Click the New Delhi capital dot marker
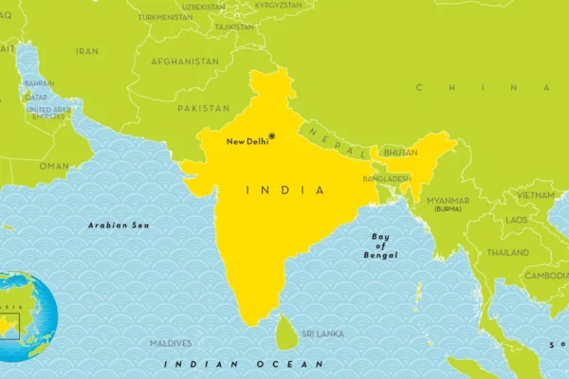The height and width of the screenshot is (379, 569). click(271, 136)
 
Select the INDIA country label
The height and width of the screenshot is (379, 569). click(284, 190)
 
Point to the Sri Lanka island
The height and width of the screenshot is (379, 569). click(285, 333)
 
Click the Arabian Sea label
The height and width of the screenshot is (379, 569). click(119, 226)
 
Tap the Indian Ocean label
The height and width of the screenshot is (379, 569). click(243, 364)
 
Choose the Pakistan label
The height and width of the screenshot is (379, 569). click(203, 109)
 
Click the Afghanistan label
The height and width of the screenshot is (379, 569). click(185, 62)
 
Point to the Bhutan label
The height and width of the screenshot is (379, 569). click(400, 153)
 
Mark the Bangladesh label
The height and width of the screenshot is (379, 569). click(387, 178)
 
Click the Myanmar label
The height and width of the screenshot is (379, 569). click(448, 201)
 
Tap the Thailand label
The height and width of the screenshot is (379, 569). click(508, 253)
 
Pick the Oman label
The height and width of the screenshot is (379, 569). click(54, 166)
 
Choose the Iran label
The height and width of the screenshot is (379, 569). click(87, 51)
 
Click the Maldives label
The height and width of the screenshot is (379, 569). click(171, 343)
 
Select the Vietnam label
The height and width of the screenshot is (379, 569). click(535, 195)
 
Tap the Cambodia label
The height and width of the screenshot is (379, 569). click(546, 276)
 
